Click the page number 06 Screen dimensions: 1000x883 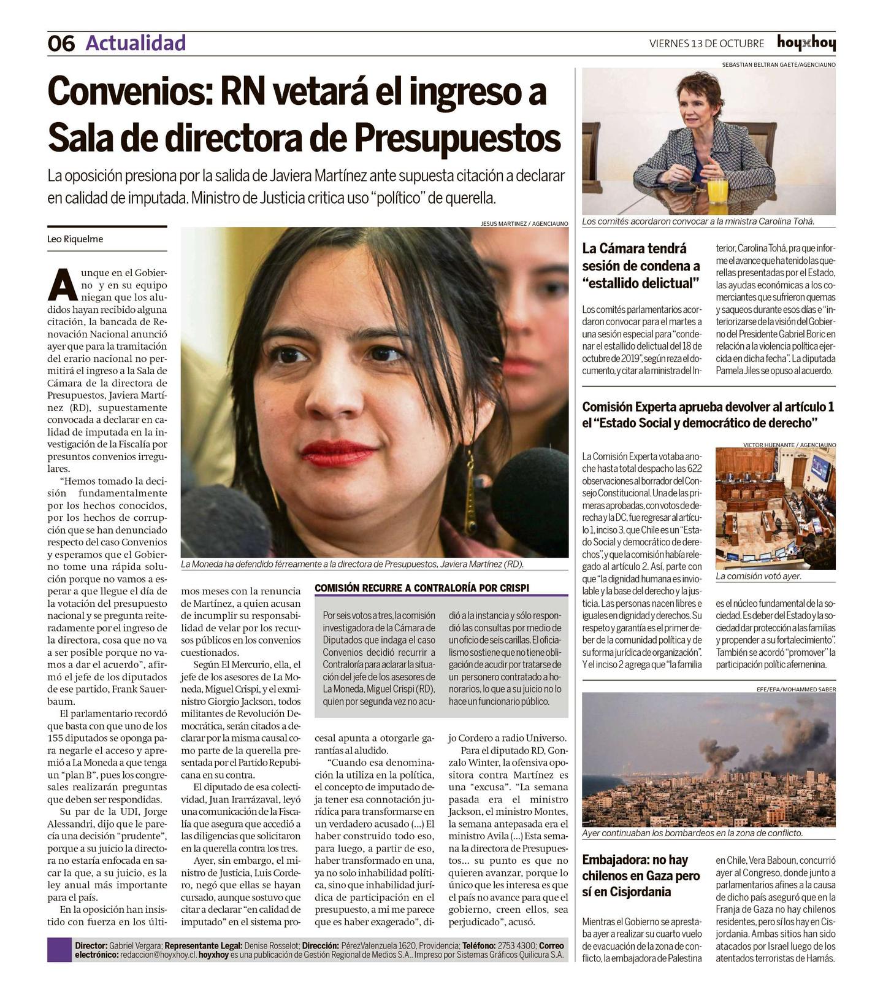[x=61, y=44]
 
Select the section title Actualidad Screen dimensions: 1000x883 [x=136, y=43]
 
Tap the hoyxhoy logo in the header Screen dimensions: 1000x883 [x=806, y=43]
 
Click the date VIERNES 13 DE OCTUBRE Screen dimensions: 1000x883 [x=706, y=44]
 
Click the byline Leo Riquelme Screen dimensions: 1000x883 [x=75, y=239]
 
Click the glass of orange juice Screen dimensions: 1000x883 [x=717, y=190]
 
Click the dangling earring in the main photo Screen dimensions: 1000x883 [x=470, y=491]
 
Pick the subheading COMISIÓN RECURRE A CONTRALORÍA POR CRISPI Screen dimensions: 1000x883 [x=421, y=588]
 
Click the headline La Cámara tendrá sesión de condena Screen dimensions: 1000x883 [x=641, y=266]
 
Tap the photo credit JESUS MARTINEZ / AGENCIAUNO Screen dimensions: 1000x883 [x=524, y=224]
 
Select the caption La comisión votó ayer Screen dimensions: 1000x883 [x=758, y=576]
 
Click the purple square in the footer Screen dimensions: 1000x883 [x=59, y=950]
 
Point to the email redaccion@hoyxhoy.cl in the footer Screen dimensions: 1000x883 [x=158, y=955]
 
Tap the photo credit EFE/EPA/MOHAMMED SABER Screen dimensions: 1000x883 [x=796, y=689]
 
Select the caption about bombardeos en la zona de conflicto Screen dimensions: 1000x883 [x=692, y=833]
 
